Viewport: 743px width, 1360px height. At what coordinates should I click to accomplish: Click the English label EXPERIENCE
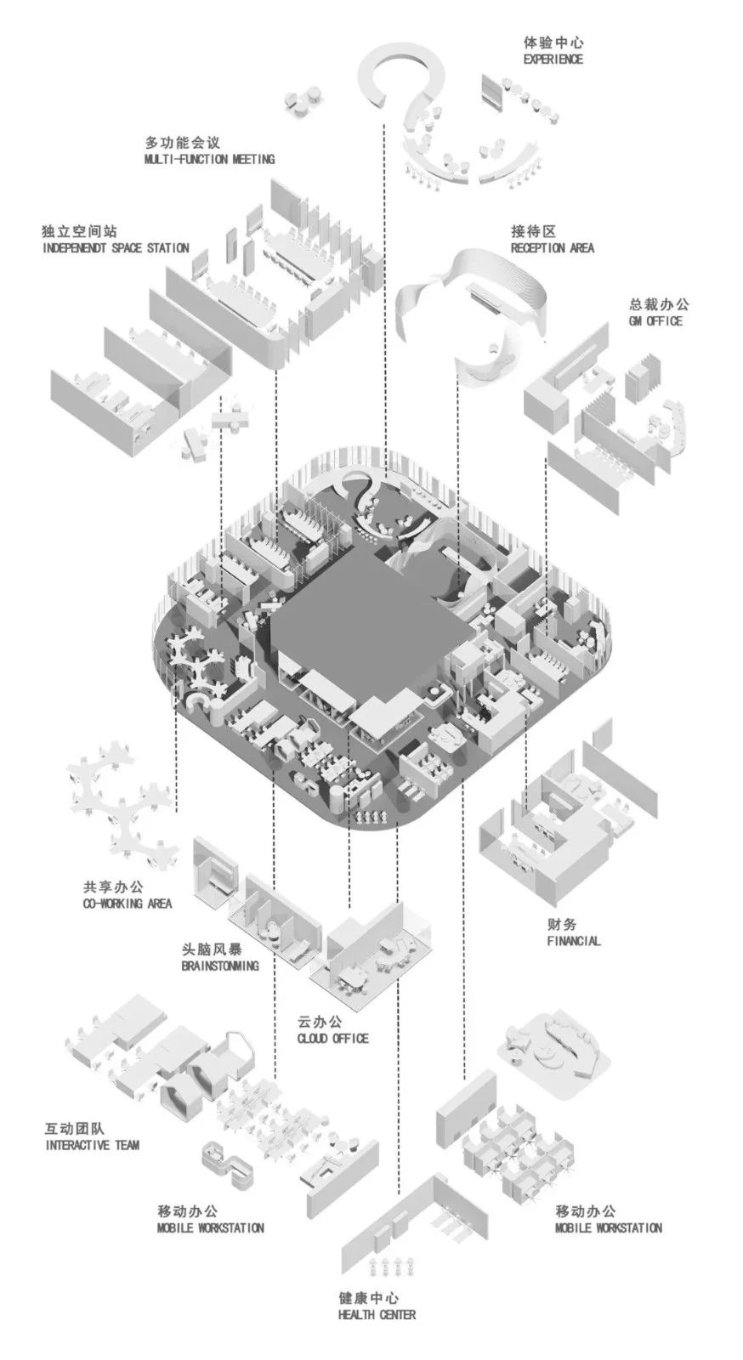point(553,59)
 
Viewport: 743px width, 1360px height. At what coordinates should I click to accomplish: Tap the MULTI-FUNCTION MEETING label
point(209,159)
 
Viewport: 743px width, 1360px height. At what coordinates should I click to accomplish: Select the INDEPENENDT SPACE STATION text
point(115,248)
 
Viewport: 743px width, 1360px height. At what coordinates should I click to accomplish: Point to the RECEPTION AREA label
point(553,247)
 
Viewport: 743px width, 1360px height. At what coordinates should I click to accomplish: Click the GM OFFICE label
point(654,320)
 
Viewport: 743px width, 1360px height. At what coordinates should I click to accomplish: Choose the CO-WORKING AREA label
point(127,903)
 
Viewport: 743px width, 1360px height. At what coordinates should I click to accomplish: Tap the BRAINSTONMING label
point(220,966)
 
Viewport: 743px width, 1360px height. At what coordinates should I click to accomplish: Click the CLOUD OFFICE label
point(333,1038)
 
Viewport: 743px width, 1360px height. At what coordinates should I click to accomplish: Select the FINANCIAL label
point(574,941)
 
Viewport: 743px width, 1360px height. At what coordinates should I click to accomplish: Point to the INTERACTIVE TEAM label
point(92,1145)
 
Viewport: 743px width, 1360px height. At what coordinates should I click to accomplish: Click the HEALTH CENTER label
point(377,1315)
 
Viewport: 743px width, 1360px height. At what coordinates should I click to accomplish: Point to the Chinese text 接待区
point(534,231)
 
